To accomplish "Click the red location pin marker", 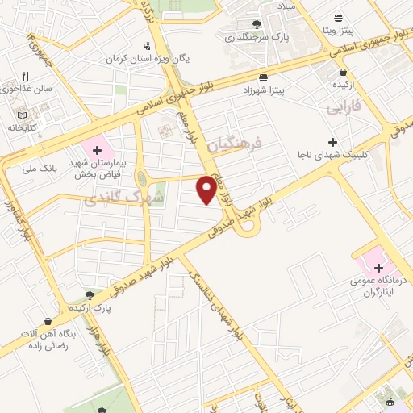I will (206, 190).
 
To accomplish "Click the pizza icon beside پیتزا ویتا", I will (338, 16).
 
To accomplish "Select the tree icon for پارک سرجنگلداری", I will (257, 24).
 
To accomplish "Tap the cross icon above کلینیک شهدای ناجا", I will (332, 141).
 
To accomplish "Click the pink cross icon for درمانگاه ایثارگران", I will (378, 266).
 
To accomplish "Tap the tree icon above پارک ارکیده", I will (89, 295).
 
